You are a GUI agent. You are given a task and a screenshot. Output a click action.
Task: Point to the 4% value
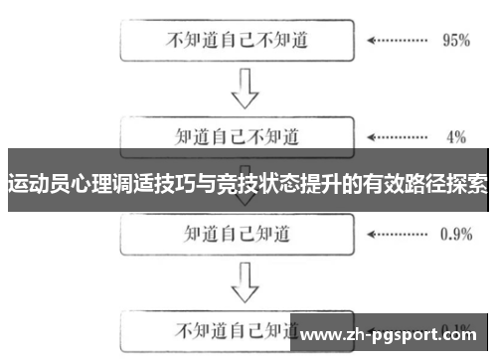click(456, 136)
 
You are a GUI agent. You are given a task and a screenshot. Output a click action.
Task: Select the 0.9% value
click(455, 235)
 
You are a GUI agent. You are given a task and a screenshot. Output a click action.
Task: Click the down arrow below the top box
click(242, 90)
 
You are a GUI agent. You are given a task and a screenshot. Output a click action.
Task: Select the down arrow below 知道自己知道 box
click(242, 283)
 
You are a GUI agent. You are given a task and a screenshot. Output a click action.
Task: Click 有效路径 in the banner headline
click(402, 184)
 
